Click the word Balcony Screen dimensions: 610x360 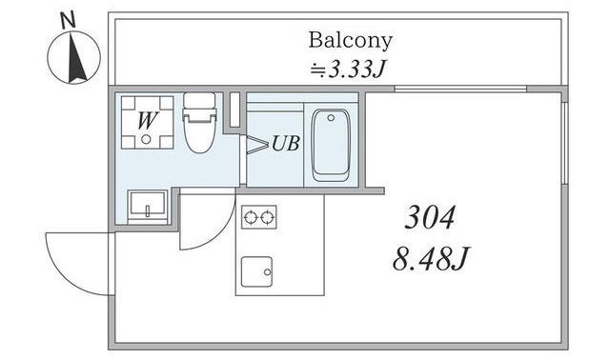(x=350, y=41)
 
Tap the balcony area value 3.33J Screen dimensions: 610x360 (x=357, y=70)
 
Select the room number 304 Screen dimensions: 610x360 (x=430, y=217)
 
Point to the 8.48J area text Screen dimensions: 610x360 (x=431, y=258)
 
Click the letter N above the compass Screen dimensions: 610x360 (x=69, y=20)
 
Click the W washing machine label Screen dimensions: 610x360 (x=148, y=121)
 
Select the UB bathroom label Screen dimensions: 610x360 (x=286, y=143)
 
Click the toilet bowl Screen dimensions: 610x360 (x=199, y=132)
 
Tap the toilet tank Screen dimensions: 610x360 (x=199, y=100)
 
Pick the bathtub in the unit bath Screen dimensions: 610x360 (x=331, y=145)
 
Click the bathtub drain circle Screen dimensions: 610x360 (x=331, y=117)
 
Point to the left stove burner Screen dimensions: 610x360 (x=251, y=217)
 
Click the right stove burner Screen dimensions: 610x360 (x=268, y=217)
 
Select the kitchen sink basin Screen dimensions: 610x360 (x=256, y=271)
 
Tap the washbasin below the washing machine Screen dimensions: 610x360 (x=148, y=205)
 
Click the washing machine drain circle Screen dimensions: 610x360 (x=146, y=139)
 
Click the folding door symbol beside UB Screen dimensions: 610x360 (x=256, y=145)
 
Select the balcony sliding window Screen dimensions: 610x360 (x=460, y=89)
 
